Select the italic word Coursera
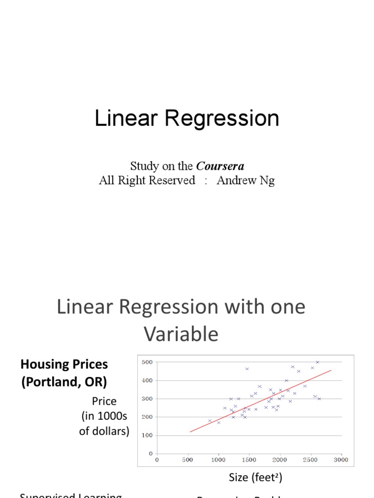[220, 166]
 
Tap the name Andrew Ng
[245, 180]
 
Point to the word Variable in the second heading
[181, 334]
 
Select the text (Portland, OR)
[63, 382]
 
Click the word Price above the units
[104, 401]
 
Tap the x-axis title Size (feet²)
[255, 478]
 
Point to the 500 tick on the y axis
[147, 362]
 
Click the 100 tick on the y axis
[147, 435]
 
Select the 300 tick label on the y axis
[147, 398]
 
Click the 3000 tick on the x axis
[341, 460]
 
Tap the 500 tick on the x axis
[188, 460]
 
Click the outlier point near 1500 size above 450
[247, 369]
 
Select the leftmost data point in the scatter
[210, 421]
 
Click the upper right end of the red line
[331, 370]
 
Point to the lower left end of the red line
[190, 432]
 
